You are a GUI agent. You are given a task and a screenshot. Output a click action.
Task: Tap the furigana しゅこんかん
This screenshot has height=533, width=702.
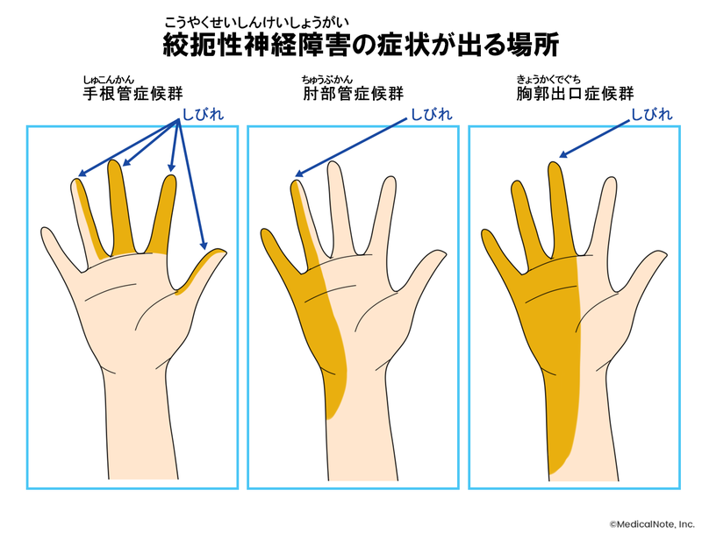pyautogui.click(x=113, y=78)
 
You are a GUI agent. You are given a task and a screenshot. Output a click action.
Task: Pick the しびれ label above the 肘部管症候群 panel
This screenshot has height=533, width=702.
pyautogui.click(x=433, y=114)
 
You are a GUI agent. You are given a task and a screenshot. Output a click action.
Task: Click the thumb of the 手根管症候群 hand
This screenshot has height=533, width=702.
pyautogui.click(x=204, y=266)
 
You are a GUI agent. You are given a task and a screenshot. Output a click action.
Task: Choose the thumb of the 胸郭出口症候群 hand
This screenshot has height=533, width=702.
pyautogui.click(x=645, y=266)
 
